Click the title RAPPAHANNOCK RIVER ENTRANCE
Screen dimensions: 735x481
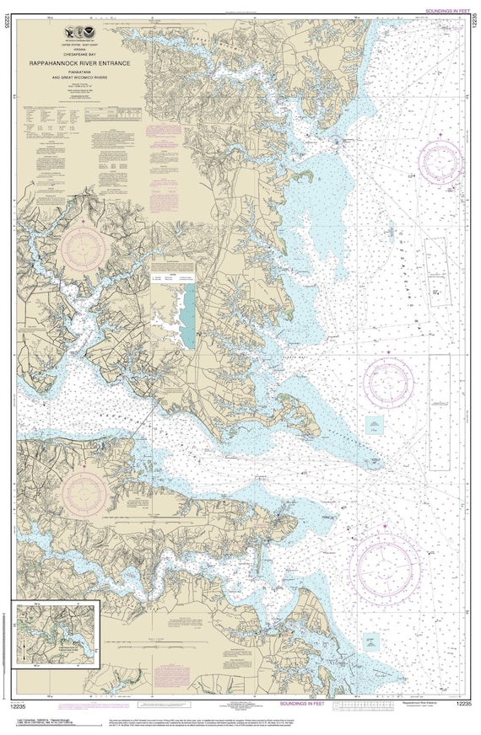pos(80,63)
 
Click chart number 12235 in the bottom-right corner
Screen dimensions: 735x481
pos(462,702)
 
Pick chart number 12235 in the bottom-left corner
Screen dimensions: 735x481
pos(19,702)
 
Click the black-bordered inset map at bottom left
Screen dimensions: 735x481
pos(55,633)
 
